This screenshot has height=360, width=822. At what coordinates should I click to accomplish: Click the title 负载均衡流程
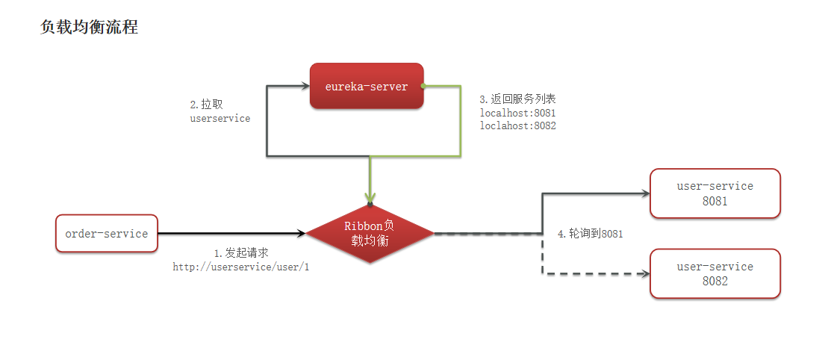(x=89, y=28)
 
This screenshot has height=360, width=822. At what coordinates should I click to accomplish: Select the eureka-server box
(x=367, y=87)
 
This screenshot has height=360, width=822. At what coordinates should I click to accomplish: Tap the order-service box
(x=107, y=234)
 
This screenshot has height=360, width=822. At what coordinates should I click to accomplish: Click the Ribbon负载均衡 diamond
(x=370, y=234)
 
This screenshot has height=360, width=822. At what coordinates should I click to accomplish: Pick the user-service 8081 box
(x=714, y=193)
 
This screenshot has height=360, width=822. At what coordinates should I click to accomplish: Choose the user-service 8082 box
(x=714, y=274)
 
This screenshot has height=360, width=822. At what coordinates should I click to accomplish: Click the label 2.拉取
(x=207, y=105)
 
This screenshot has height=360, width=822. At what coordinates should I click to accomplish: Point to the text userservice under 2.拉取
(x=220, y=119)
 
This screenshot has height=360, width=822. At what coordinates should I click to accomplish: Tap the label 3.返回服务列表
(x=517, y=99)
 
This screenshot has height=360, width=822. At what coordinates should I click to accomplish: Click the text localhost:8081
(x=517, y=113)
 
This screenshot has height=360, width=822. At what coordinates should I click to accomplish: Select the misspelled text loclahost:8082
(x=517, y=126)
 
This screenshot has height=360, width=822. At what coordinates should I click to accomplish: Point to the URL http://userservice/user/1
(x=241, y=267)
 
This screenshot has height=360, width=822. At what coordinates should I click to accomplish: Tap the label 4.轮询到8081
(x=591, y=234)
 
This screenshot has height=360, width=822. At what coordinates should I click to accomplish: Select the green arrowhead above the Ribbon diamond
(x=370, y=196)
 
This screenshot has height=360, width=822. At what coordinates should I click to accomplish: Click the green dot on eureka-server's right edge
(x=423, y=87)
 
